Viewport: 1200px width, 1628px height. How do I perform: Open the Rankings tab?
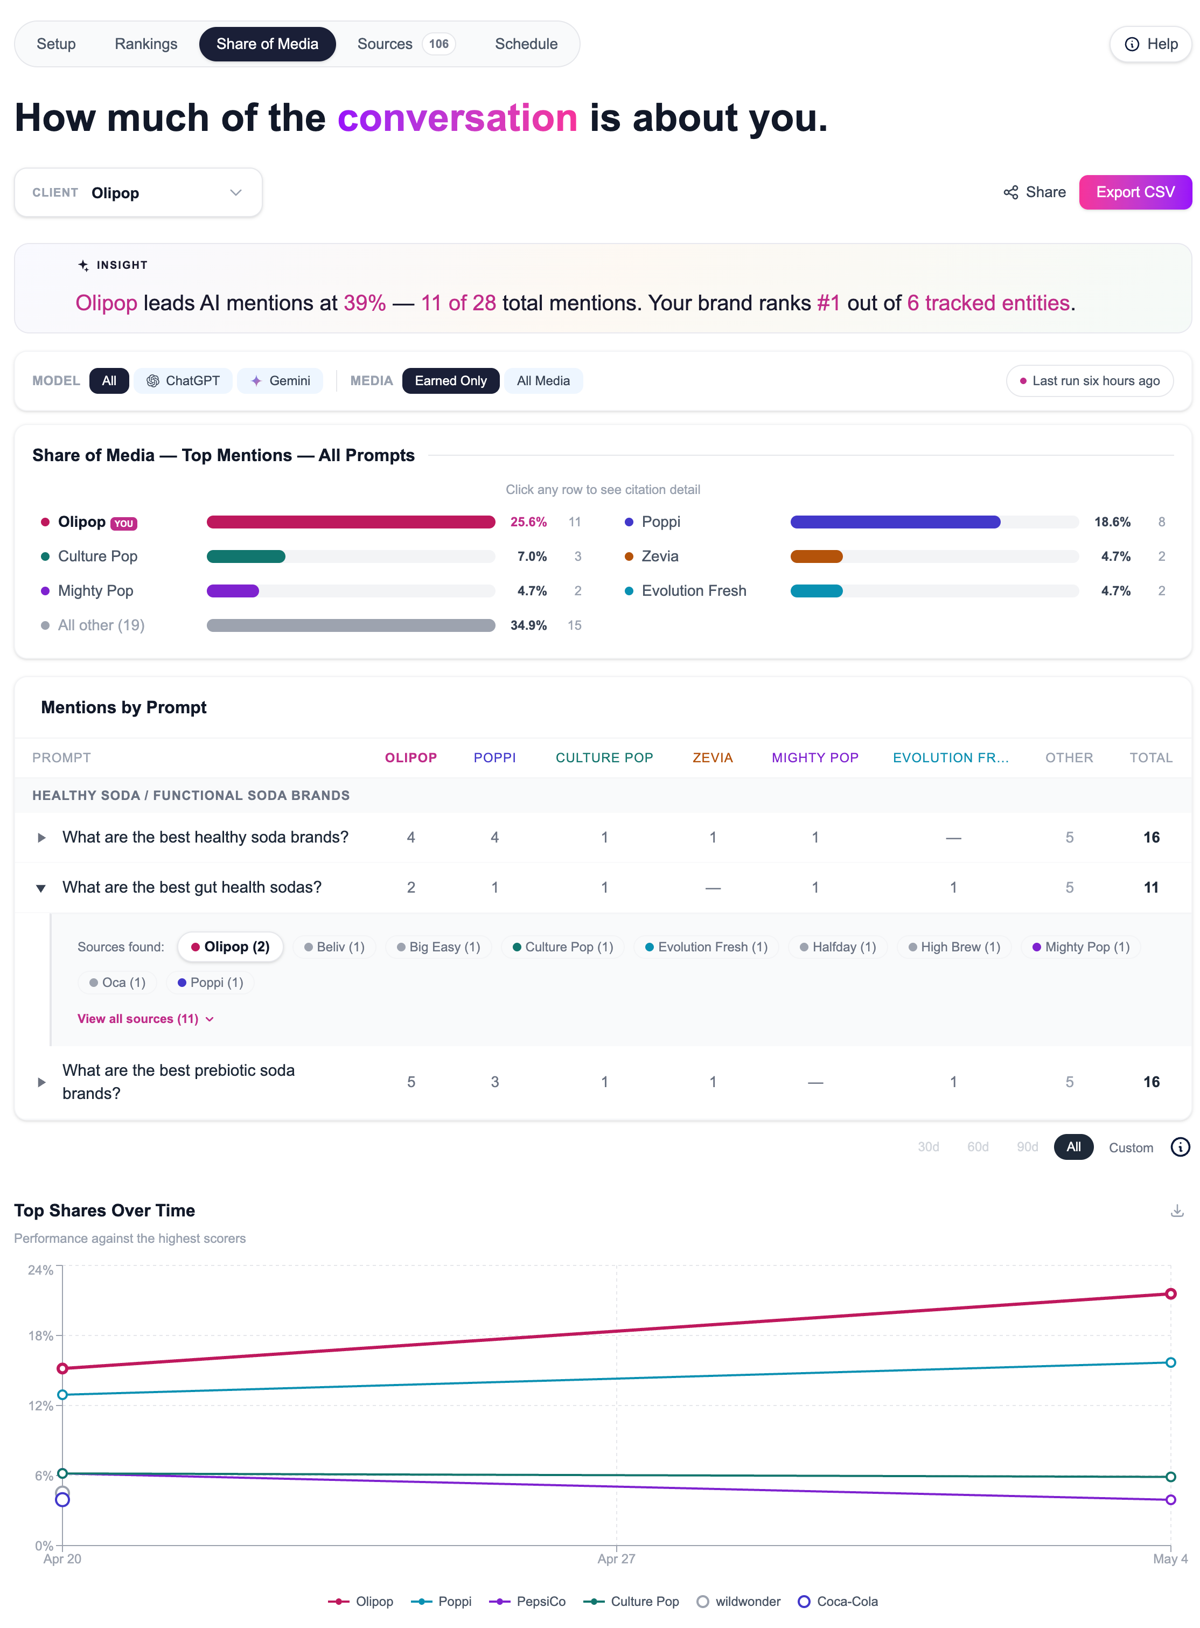pos(146,44)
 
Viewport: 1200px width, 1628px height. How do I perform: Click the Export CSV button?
pos(1135,192)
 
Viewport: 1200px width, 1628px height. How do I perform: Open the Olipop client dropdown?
pos(138,192)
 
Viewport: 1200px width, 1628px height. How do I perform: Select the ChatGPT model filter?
pos(183,381)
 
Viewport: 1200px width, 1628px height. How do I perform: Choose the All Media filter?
pos(543,381)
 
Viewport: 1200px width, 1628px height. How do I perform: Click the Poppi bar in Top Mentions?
pos(895,521)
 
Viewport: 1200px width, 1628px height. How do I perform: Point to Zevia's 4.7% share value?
pos(1116,556)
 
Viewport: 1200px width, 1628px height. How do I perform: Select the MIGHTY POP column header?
pos(815,757)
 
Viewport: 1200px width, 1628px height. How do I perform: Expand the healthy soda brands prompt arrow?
pos(41,838)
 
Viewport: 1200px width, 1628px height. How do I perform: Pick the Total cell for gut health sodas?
pos(1152,887)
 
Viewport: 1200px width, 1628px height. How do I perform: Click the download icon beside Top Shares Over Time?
pos(1177,1210)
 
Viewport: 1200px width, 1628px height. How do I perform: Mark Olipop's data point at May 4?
pos(1170,1294)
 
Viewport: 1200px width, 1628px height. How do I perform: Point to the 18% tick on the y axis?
pos(41,1335)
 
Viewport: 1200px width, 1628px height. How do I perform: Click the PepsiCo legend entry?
pos(527,1601)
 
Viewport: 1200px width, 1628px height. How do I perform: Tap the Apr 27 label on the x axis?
pos(616,1559)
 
